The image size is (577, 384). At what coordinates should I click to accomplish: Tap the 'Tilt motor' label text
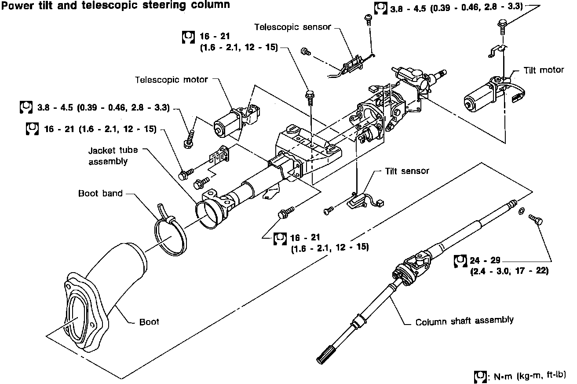544,70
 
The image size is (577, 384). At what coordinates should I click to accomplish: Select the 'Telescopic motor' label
171,80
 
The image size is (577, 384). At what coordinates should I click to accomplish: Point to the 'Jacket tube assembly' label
113,155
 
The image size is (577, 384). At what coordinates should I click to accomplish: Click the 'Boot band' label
100,193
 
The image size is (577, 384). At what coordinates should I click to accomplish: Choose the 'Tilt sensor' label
407,171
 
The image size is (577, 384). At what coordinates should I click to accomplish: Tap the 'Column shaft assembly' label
464,321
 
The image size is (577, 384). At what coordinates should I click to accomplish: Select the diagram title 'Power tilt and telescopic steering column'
115,5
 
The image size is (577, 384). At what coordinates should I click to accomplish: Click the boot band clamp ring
170,233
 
